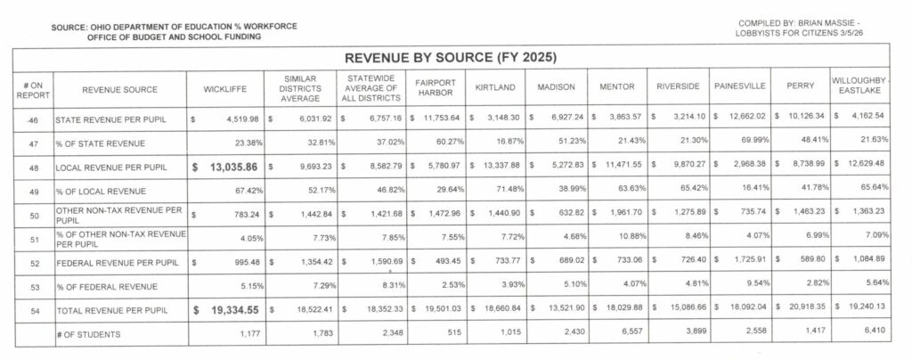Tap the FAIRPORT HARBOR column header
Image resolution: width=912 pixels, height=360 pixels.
(436, 89)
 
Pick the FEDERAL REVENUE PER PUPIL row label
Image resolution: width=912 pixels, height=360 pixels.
(108, 261)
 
